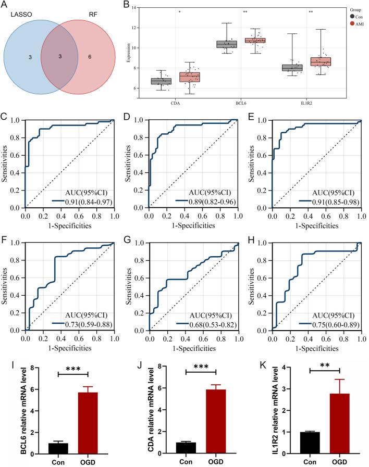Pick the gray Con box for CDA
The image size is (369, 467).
pos(161,81)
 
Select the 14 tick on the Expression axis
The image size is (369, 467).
pos(119,8)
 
